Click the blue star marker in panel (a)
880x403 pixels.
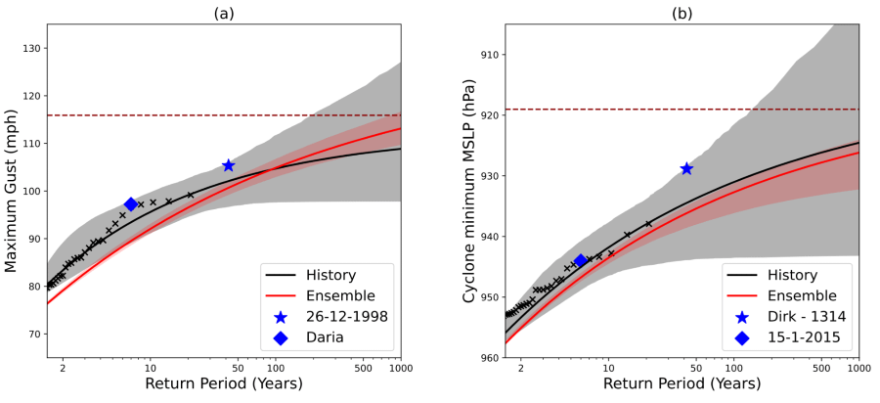[x=229, y=165]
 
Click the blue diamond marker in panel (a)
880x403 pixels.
[x=131, y=203]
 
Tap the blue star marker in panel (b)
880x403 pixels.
[x=686, y=168]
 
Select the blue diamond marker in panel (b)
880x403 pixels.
[x=581, y=260]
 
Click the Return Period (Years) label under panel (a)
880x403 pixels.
[x=224, y=384]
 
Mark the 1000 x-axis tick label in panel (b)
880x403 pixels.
[x=858, y=369]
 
